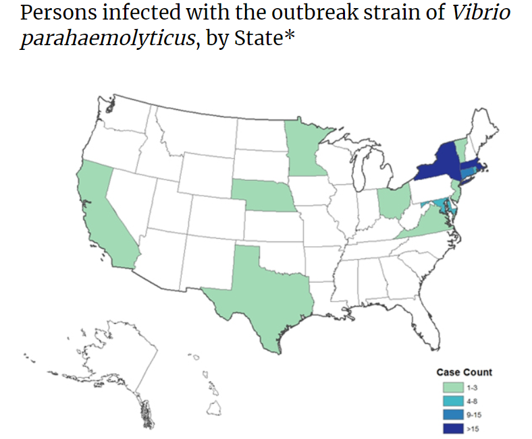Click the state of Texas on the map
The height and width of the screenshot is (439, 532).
[260, 297]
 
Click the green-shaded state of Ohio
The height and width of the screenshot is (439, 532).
[393, 202]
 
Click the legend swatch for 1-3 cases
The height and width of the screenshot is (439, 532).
[453, 387]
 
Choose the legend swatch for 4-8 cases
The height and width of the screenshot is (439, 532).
[453, 401]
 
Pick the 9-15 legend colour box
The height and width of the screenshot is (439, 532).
[453, 414]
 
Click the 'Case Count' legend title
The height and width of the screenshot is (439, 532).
[464, 372]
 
